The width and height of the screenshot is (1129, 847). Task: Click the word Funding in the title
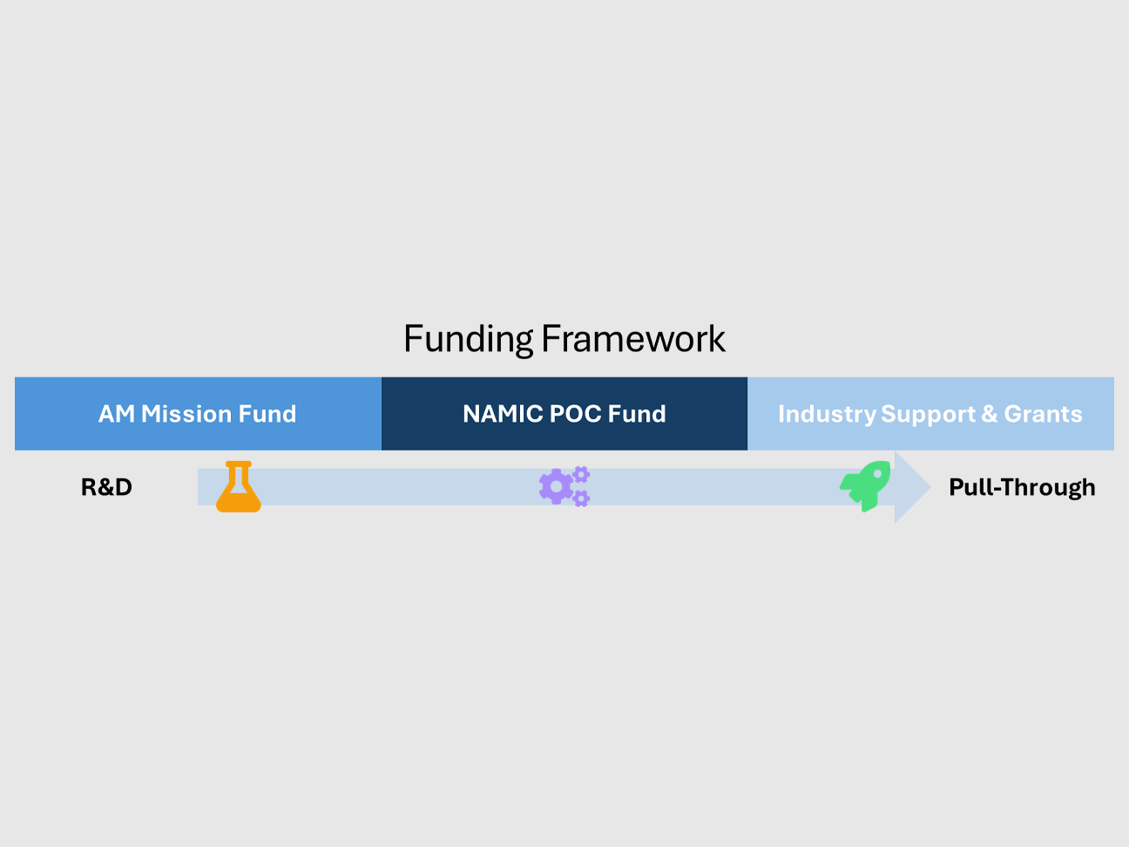(x=468, y=340)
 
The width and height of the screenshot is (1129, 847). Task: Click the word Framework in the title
(x=633, y=340)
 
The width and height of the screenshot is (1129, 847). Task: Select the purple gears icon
(x=564, y=486)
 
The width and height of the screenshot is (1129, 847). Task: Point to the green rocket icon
(x=866, y=485)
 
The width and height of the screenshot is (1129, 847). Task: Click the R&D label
(x=106, y=487)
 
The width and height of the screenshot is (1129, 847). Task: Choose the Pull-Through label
(x=1022, y=487)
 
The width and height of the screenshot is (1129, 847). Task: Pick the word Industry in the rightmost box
(x=827, y=414)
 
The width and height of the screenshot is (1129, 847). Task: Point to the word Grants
(x=1043, y=414)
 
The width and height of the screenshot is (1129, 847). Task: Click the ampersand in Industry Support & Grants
(x=990, y=414)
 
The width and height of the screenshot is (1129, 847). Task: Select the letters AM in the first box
(x=116, y=414)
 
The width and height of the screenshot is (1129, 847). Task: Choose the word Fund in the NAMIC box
(x=637, y=414)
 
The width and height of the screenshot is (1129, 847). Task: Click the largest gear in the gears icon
(x=556, y=486)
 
